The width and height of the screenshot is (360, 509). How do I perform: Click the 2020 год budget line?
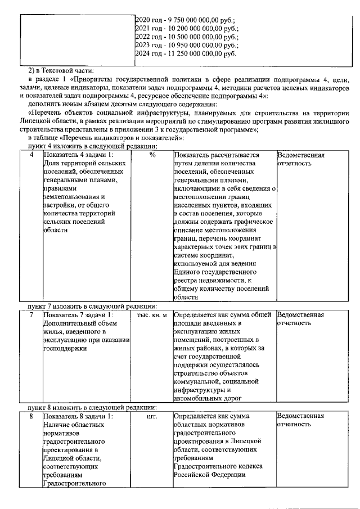pos(186,18)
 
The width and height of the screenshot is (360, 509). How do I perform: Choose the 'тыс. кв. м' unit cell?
pos(152,315)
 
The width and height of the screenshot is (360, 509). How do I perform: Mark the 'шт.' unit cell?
pos(152,417)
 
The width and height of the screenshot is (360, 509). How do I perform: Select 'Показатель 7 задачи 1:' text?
pos(78,315)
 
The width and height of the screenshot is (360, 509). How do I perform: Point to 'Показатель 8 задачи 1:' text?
pos(78,417)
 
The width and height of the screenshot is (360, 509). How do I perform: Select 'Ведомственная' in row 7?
pos(301,315)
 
